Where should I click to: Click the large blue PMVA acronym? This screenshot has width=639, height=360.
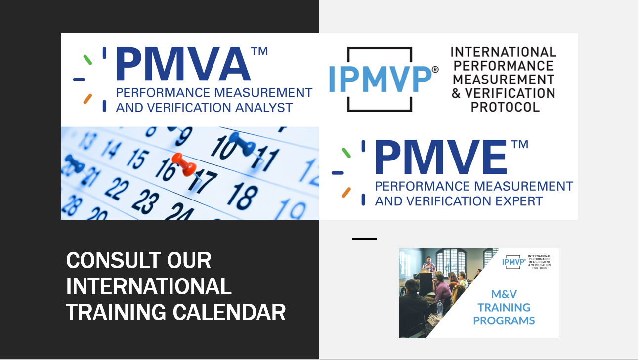pos(183,64)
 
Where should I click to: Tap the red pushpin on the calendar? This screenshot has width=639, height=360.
pos(184,164)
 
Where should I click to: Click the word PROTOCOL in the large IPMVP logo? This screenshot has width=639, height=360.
pos(505,107)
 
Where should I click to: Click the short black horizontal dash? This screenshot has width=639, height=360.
pos(364,239)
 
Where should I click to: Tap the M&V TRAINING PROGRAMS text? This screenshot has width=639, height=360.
pos(504,307)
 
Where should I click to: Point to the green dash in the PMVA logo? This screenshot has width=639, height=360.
pos(87,60)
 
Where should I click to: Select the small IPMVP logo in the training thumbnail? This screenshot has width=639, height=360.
pos(513,262)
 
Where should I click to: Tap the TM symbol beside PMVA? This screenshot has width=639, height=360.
pos(259,52)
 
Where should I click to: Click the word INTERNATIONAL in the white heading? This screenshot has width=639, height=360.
pos(149,286)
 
